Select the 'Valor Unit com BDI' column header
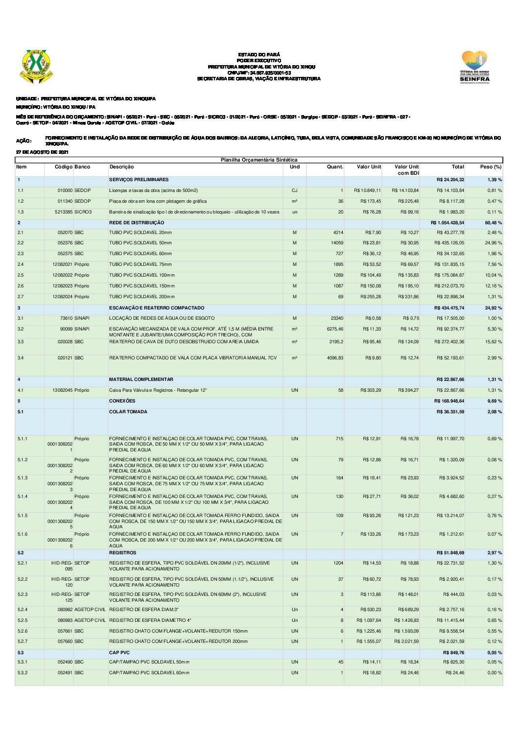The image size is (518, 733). (x=406, y=170)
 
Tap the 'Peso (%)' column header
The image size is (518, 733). (x=490, y=167)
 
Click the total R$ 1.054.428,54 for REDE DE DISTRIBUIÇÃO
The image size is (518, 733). (x=447, y=223)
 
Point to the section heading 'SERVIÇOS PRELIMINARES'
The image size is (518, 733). (x=139, y=180)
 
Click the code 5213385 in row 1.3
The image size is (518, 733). (x=63, y=212)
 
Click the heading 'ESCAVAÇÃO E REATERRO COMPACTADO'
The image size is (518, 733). (x=156, y=308)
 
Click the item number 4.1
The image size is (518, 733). (x=21, y=390)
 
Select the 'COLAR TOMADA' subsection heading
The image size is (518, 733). (x=128, y=412)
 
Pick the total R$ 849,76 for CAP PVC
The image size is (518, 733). (x=453, y=653)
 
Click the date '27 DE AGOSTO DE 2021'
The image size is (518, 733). (x=42, y=152)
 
